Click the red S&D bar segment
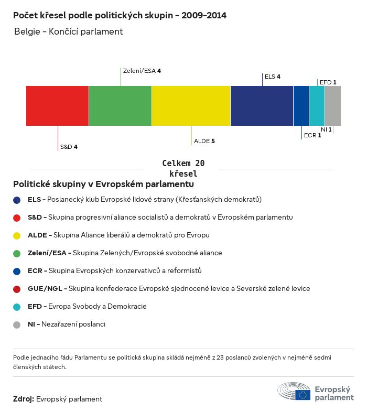(x=57, y=106)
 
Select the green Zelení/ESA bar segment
(x=120, y=106)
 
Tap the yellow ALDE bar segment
(x=191, y=106)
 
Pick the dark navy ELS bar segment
(x=262, y=106)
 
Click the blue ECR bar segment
(x=301, y=106)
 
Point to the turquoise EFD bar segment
(x=317, y=106)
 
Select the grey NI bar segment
(x=332, y=106)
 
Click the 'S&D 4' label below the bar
(x=69, y=147)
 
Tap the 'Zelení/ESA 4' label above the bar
(x=142, y=70)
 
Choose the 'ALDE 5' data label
(x=204, y=141)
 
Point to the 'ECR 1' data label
(x=312, y=135)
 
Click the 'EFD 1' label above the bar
(x=328, y=82)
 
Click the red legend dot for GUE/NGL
(x=17, y=289)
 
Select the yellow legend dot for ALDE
(x=17, y=235)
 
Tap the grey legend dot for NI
(x=17, y=324)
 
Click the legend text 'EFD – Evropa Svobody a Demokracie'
(x=87, y=307)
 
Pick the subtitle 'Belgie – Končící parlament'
(x=68, y=31)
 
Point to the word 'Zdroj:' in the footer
(x=24, y=399)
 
